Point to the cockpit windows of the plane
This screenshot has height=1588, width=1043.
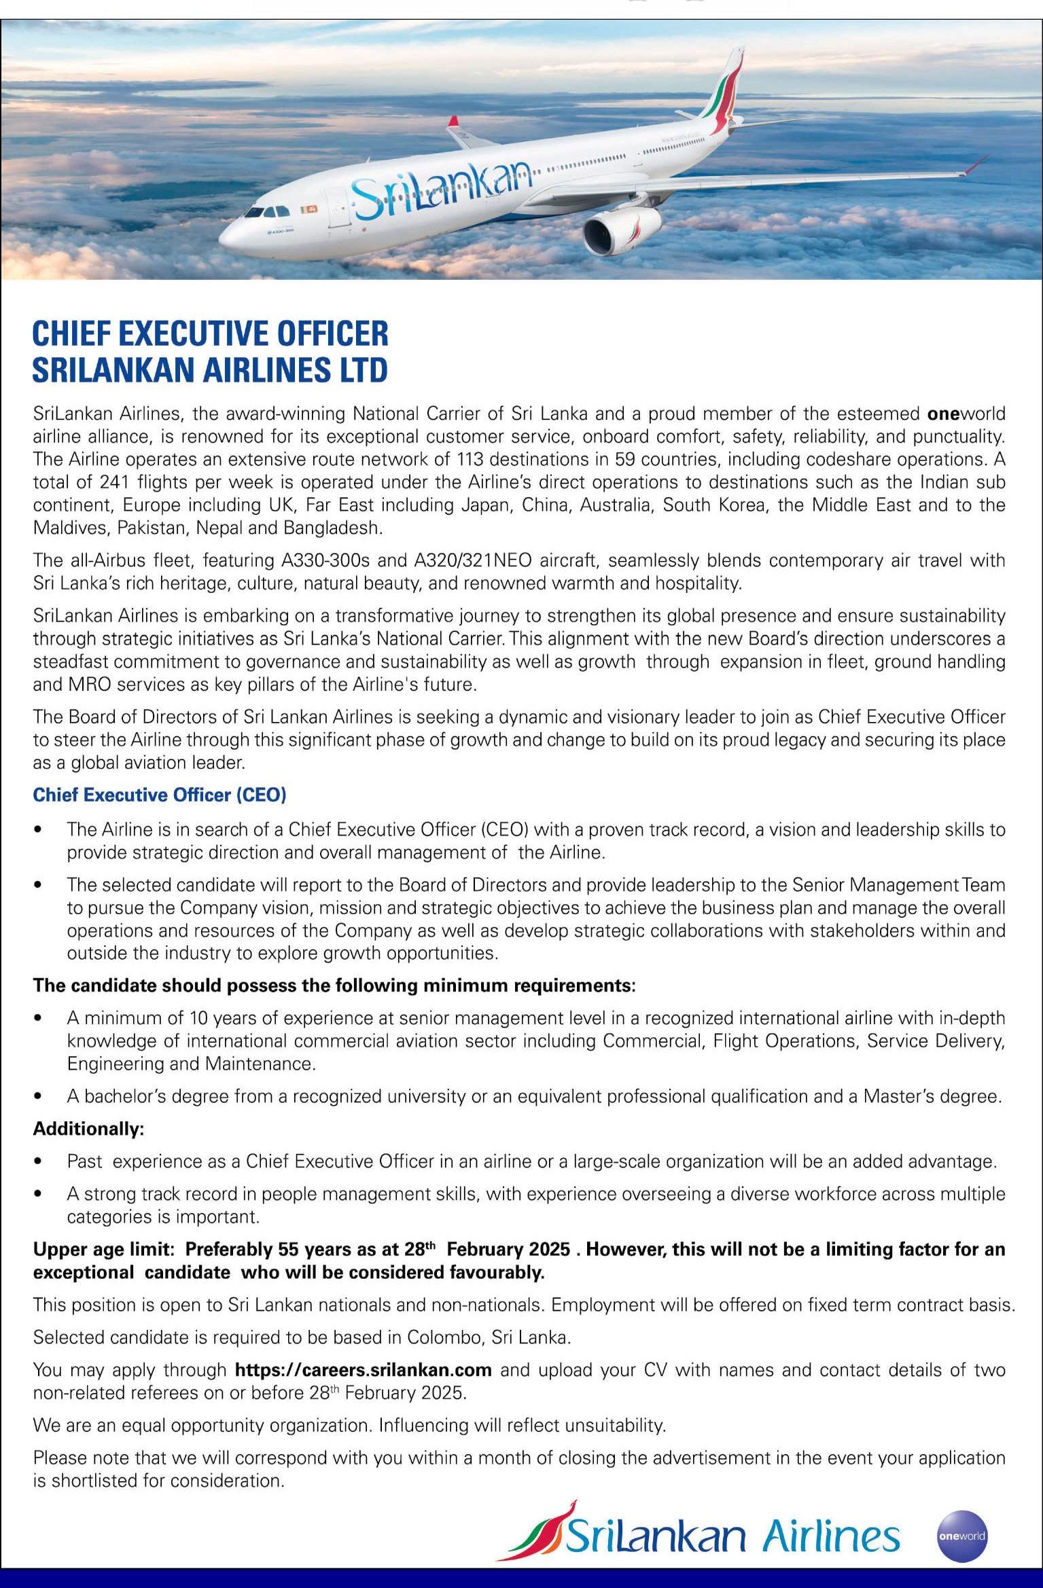[x=264, y=211]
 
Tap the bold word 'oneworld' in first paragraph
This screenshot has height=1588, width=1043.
[x=966, y=414]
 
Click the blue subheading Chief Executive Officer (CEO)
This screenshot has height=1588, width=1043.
[x=160, y=795]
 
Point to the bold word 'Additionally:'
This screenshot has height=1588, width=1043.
[x=89, y=1129]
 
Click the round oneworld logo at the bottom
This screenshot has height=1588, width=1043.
[x=961, y=1536]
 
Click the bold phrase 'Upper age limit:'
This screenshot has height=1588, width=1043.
[x=105, y=1250]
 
